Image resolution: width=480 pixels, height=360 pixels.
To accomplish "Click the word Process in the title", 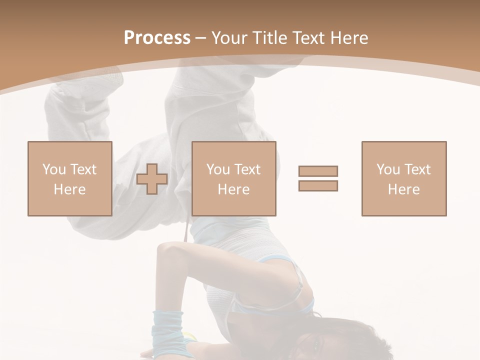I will [x=157, y=38].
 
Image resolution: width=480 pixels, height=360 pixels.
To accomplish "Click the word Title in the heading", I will [x=270, y=38].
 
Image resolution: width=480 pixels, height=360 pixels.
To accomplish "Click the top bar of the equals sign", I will [x=318, y=171].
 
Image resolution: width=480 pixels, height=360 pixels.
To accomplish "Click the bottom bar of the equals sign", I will [x=318, y=185].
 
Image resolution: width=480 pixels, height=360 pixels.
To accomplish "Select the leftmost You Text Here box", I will [x=69, y=178].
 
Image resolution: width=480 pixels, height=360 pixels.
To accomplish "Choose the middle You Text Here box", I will [x=233, y=178].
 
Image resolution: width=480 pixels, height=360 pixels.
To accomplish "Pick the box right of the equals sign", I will [x=403, y=178].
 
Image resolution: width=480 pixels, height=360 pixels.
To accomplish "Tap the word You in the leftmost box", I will [x=53, y=169].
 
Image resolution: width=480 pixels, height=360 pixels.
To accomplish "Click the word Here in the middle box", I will [x=233, y=189].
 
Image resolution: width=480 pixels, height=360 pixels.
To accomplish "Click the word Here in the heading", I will [x=350, y=38].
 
